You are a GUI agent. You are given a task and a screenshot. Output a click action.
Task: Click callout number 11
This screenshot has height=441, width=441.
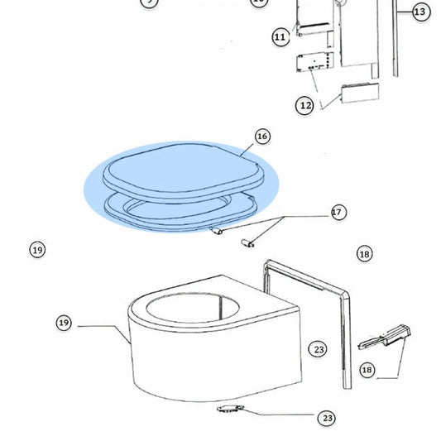click(280, 37)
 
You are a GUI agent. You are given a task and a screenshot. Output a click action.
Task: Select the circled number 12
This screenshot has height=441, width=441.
click(304, 105)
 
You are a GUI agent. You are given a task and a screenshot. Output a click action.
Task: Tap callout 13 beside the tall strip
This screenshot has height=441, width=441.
click(421, 12)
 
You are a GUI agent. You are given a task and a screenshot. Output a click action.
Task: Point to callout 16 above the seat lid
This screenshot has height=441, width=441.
click(262, 137)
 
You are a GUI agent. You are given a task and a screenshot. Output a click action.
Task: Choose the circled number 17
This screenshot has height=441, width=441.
click(338, 213)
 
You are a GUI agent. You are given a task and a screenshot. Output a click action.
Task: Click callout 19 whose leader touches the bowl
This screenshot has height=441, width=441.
click(64, 323)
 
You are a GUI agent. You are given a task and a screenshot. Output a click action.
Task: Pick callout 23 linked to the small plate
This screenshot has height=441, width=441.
click(327, 418)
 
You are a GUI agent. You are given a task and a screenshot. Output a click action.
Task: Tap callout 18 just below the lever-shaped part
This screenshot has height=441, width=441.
click(367, 370)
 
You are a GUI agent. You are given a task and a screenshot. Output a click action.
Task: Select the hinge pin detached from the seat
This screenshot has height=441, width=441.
click(247, 242)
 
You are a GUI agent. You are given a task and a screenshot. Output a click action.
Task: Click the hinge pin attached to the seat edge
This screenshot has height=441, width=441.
click(217, 231)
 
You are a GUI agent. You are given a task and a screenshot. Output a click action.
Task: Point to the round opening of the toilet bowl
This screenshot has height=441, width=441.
click(193, 307)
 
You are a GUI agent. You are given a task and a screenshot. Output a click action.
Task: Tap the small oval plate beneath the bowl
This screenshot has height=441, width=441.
click(230, 409)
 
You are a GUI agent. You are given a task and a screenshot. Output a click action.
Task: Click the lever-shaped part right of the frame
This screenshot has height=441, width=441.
click(384, 338)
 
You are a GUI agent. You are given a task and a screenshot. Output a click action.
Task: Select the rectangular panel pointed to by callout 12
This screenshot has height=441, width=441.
click(360, 93)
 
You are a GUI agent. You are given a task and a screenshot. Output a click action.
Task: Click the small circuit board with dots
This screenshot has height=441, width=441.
click(315, 61)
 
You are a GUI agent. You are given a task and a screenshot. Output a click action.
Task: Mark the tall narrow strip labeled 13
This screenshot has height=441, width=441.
click(395, 38)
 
